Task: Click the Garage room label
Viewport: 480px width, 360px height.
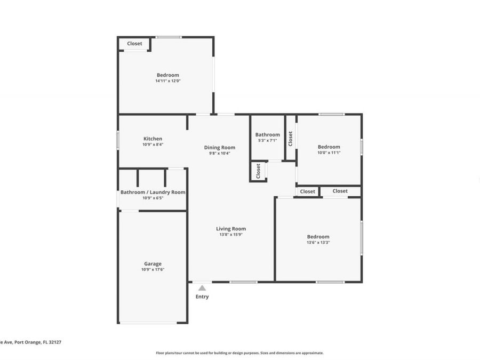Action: pyautogui.click(x=153, y=263)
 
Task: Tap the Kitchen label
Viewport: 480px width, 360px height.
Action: pyautogui.click(x=153, y=139)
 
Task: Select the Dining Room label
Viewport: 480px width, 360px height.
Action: pyautogui.click(x=219, y=147)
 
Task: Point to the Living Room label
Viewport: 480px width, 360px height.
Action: pyautogui.click(x=231, y=228)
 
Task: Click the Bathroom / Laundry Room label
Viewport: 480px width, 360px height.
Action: pyautogui.click(x=153, y=192)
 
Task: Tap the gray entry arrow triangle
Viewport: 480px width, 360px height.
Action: pyautogui.click(x=202, y=288)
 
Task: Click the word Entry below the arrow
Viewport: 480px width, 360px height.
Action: pyautogui.click(x=202, y=297)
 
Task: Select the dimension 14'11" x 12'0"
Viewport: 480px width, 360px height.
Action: pyautogui.click(x=167, y=81)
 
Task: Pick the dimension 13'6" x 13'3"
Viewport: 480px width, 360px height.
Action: pyautogui.click(x=318, y=243)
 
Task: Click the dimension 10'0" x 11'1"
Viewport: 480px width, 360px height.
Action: pyautogui.click(x=329, y=153)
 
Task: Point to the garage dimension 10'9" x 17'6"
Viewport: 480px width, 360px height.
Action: pyautogui.click(x=153, y=269)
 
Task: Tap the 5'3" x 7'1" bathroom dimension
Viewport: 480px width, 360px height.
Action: pyautogui.click(x=267, y=140)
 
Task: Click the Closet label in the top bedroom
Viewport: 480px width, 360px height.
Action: pyautogui.click(x=134, y=44)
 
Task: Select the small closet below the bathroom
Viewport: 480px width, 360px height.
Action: pyautogui.click(x=258, y=171)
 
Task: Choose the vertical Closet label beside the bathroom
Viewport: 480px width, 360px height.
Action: pyautogui.click(x=291, y=139)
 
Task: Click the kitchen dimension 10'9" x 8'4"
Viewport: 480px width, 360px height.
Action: pyautogui.click(x=153, y=145)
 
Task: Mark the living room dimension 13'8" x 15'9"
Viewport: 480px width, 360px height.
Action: pyautogui.click(x=231, y=234)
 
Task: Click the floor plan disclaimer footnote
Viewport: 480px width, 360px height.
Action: pyautogui.click(x=239, y=353)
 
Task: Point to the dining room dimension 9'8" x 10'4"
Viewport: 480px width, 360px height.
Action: pyautogui.click(x=219, y=153)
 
